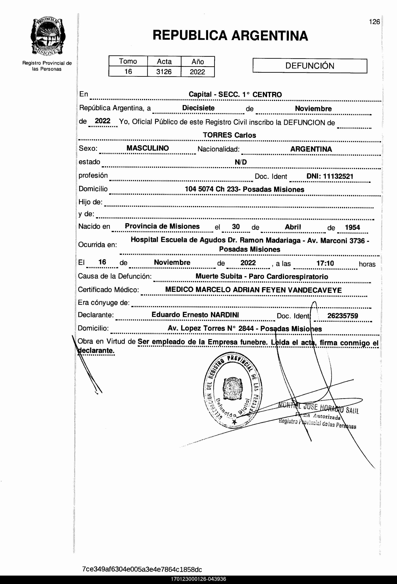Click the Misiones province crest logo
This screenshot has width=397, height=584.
coord(48,37)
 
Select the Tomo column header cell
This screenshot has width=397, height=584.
coord(128,61)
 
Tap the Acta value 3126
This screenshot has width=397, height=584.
coord(164,72)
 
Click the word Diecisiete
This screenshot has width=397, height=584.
coord(198,108)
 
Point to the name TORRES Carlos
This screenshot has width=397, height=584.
coord(229,135)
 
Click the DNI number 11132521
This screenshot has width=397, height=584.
coord(338,176)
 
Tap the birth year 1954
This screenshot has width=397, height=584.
coord(352,227)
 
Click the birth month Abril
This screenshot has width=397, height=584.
coord(293,227)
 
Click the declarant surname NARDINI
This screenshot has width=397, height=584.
coord(225,315)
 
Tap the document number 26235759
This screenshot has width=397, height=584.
coord(342,316)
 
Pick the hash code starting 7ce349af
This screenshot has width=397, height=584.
coord(142,569)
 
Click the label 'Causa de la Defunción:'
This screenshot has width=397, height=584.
coord(115,276)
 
